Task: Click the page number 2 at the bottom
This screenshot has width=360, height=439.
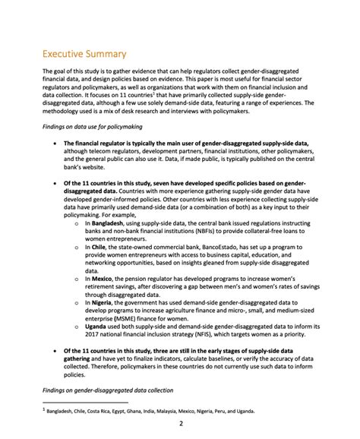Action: point(180,423)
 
